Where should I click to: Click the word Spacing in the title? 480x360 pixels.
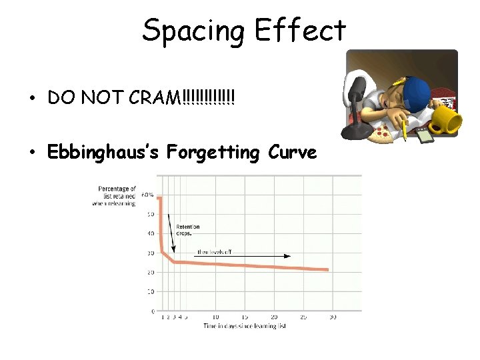pyautogui.click(x=194, y=31)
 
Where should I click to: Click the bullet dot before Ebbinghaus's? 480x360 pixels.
pyautogui.click(x=32, y=153)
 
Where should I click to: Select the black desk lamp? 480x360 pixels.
pyautogui.click(x=357, y=100)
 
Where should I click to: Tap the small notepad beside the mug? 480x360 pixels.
pyautogui.click(x=425, y=135)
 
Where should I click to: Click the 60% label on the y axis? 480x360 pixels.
pyautogui.click(x=147, y=195)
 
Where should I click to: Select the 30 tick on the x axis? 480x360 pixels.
pyautogui.click(x=332, y=317)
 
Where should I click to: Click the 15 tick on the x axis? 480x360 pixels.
pyautogui.click(x=245, y=317)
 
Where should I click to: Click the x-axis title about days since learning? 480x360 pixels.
pyautogui.click(x=245, y=326)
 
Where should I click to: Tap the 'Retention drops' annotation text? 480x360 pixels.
pyautogui.click(x=187, y=230)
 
